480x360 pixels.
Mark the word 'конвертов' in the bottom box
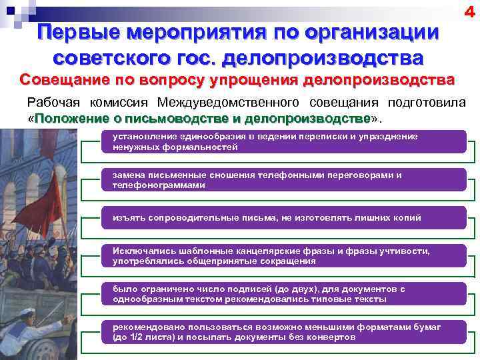click(x=333, y=337)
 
